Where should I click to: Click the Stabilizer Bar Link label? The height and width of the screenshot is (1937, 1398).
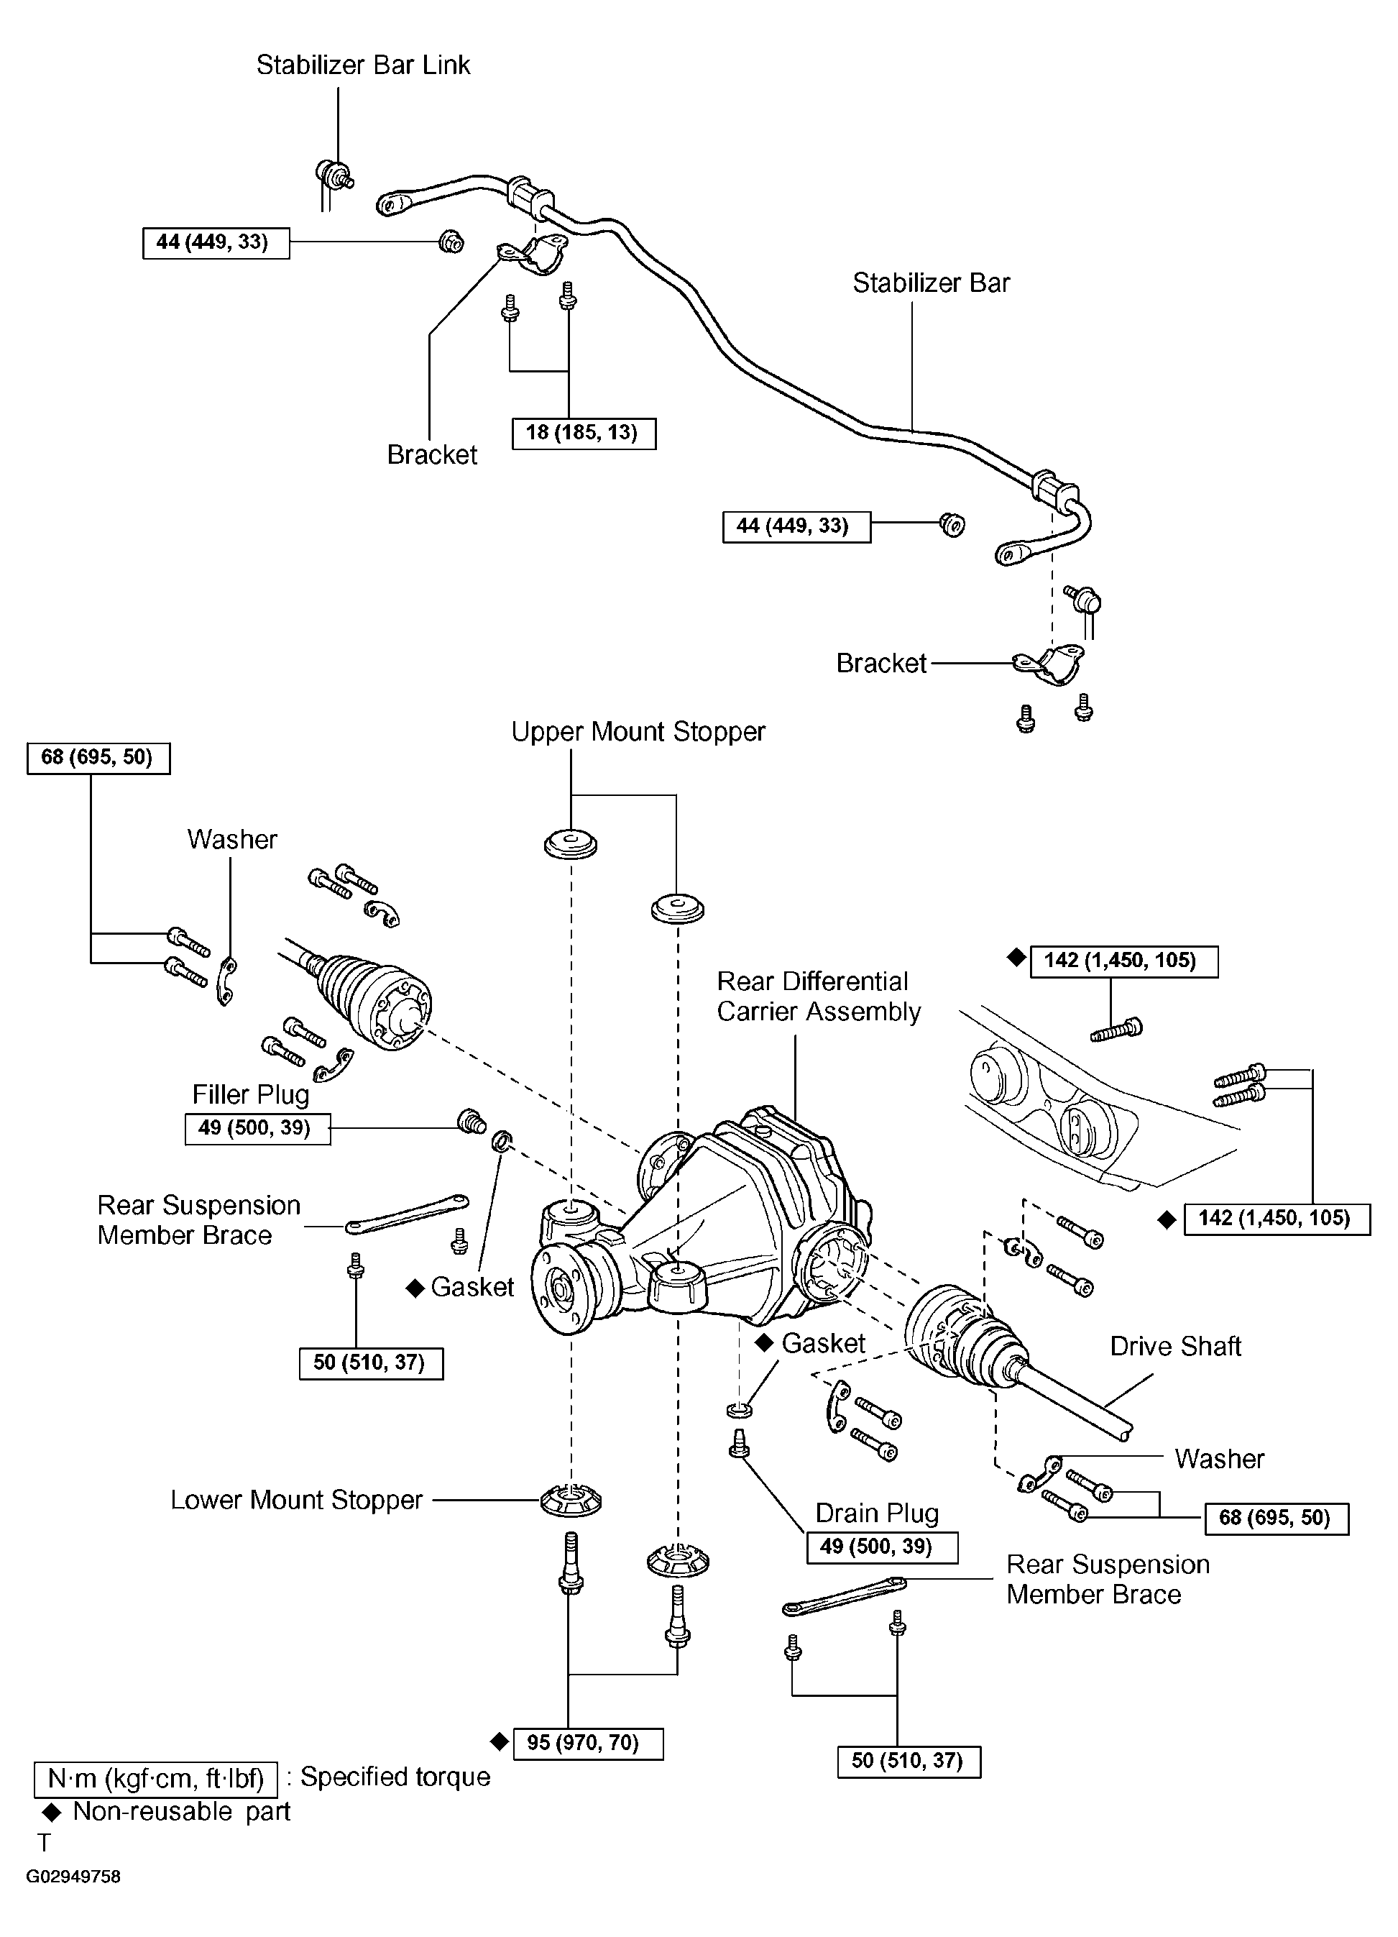tap(363, 65)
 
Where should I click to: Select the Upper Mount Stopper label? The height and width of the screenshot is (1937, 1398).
tap(638, 732)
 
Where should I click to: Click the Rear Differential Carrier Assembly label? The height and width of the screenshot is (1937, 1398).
tap(819, 996)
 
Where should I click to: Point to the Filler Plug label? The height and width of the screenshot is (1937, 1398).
tap(250, 1095)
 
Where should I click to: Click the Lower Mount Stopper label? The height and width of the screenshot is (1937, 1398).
tap(296, 1500)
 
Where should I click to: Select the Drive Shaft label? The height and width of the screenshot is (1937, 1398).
tap(1175, 1346)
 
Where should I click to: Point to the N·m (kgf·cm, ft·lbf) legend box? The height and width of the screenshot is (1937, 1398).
tap(155, 1779)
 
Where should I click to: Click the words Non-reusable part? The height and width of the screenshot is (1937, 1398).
tap(182, 1811)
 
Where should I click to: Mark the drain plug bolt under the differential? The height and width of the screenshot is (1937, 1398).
tap(740, 1442)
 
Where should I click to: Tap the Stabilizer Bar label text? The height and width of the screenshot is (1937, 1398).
tap(931, 283)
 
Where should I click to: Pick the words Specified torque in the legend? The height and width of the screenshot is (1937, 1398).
tap(395, 1777)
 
